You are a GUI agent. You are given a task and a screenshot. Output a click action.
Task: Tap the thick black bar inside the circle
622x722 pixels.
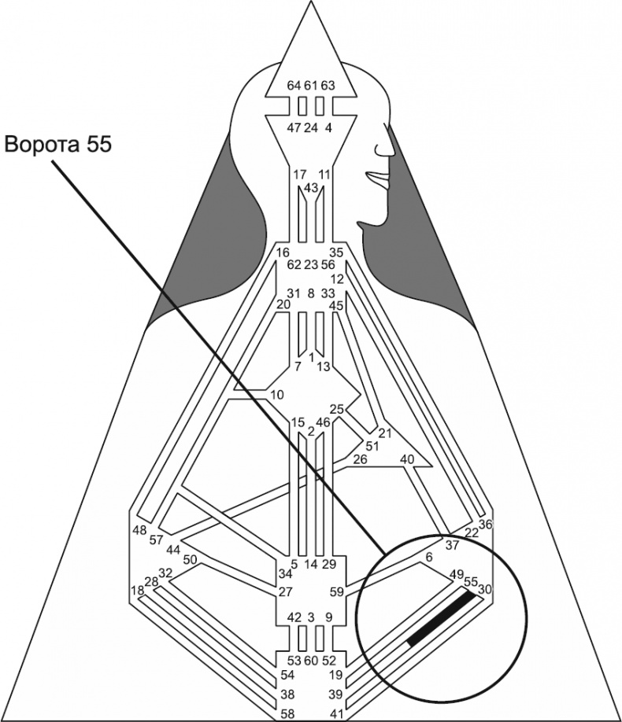point(442,619)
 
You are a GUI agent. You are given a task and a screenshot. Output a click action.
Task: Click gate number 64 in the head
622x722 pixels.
point(294,85)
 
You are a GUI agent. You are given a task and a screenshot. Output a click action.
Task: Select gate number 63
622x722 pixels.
point(328,85)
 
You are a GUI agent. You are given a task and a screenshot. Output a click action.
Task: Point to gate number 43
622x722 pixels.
point(310,187)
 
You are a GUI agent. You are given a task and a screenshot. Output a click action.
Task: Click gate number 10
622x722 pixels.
point(276,393)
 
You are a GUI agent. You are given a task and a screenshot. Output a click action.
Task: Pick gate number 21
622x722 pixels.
point(384,433)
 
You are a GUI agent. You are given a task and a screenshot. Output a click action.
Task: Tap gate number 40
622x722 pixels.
point(407,459)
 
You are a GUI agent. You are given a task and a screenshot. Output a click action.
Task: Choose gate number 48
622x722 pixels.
point(139,529)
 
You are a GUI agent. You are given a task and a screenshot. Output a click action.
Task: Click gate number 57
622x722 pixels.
point(155,540)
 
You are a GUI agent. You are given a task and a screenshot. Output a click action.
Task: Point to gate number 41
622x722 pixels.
point(336,713)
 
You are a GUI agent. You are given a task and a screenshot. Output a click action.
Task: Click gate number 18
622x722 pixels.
point(138,591)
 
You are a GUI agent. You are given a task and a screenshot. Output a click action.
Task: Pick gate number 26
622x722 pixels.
point(360,459)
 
